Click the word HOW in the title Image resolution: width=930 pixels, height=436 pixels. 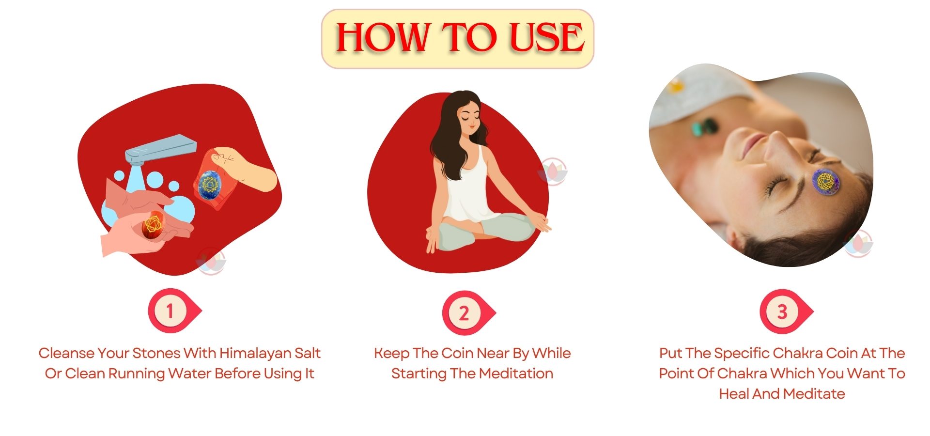(x=383, y=37)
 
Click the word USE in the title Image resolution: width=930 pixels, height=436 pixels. (x=547, y=37)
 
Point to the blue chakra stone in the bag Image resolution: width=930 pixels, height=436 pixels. (x=210, y=184)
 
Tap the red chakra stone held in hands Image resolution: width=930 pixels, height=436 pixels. (x=153, y=224)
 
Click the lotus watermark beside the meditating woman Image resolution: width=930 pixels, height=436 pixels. (x=553, y=171)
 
